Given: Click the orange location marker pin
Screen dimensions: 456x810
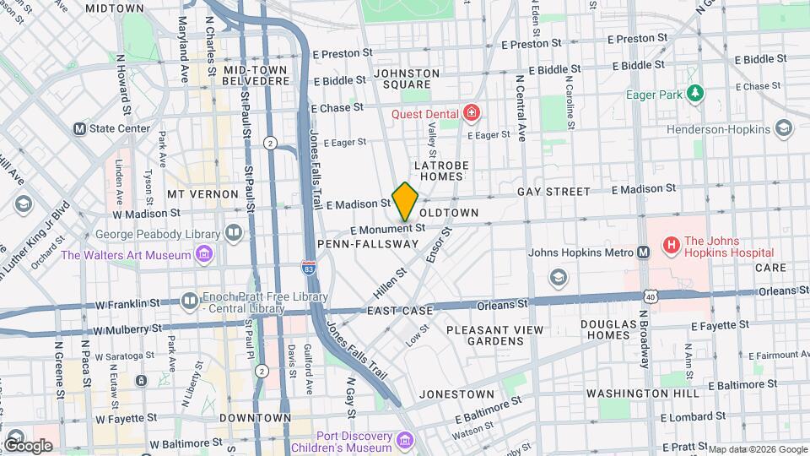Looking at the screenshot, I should [x=405, y=201].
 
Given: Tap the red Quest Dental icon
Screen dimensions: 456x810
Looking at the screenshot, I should [x=471, y=113].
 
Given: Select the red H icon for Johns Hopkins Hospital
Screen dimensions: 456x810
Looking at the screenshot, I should [x=671, y=246].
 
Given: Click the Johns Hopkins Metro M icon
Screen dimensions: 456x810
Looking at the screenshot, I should [x=643, y=252].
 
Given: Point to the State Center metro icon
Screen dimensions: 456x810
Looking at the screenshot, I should [x=80, y=129].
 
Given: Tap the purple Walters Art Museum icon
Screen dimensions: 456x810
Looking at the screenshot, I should [x=203, y=254].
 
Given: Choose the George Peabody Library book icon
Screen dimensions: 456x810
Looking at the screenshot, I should [x=234, y=232].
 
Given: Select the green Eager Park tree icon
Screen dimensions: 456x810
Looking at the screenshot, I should [x=694, y=93].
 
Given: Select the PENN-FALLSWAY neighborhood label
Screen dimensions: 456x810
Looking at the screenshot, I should [x=368, y=243].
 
